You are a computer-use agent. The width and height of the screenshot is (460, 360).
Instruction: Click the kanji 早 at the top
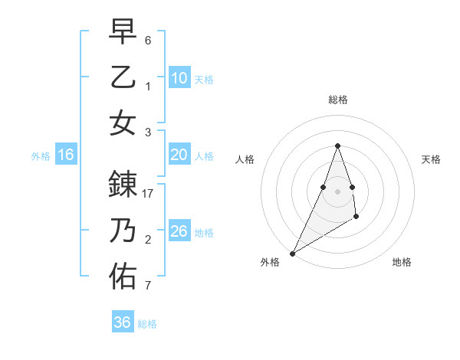point(123,32)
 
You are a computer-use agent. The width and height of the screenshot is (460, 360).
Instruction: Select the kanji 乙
point(123,78)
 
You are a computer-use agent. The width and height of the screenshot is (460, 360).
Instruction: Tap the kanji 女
point(123,123)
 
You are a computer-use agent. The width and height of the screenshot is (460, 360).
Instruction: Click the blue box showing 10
point(179,78)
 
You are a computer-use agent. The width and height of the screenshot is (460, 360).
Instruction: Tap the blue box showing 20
point(179,155)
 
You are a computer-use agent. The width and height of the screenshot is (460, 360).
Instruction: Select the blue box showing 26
point(179,231)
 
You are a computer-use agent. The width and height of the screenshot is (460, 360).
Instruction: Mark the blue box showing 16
point(66,155)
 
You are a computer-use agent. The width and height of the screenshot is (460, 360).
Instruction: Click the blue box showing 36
point(123,322)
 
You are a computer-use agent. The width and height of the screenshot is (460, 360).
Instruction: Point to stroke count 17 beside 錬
point(149,195)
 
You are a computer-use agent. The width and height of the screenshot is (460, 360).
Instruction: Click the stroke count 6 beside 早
point(148,40)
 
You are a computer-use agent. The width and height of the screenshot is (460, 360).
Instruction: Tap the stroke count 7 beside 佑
point(148,286)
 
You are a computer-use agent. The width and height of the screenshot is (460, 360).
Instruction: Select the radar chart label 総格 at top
point(338,100)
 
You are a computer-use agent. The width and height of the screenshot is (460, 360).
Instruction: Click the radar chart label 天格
point(432,159)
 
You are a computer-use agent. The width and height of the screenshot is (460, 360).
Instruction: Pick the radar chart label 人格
point(245,159)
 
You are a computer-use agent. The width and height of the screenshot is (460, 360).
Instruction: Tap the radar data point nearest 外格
point(292,253)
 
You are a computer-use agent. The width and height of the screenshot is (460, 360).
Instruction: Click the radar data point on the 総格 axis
point(338,146)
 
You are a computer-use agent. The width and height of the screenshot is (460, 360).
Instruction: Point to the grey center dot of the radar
point(338,191)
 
